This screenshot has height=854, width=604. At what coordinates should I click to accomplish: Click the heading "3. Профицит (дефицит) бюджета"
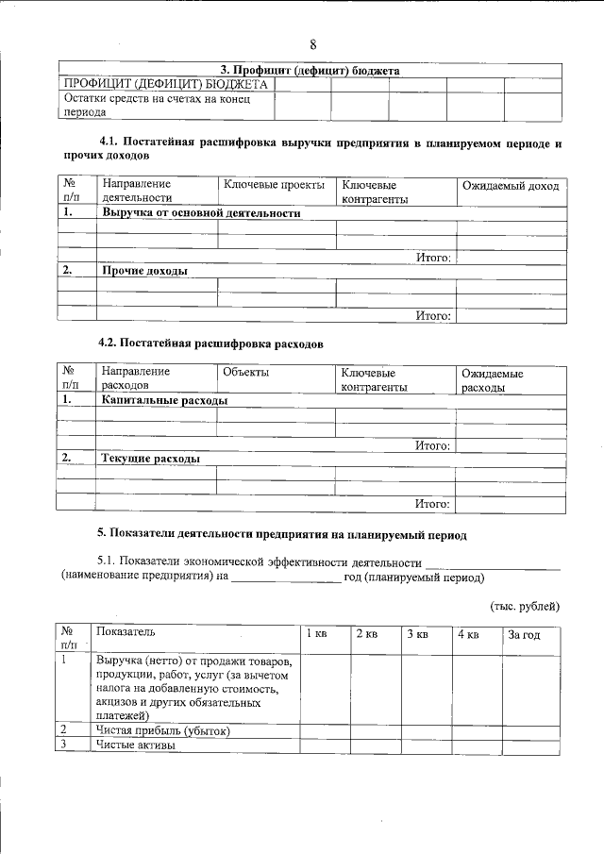point(310,71)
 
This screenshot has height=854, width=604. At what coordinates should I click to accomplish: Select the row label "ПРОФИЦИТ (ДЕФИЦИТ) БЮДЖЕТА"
point(165,85)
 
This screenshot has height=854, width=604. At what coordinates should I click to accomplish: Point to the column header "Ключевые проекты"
point(274,185)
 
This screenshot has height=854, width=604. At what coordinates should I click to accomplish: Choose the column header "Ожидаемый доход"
point(510,186)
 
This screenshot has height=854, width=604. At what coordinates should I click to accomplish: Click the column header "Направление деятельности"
point(137,192)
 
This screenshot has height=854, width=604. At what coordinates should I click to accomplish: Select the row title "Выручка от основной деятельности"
point(200,213)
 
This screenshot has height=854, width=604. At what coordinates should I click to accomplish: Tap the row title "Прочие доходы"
point(144,271)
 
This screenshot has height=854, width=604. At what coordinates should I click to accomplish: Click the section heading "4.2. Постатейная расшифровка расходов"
point(211,344)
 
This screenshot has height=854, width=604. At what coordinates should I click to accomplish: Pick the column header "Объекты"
point(245,373)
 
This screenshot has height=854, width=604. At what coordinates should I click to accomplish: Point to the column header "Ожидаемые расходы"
point(493,379)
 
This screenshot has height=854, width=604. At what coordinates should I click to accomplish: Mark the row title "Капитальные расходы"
point(164,400)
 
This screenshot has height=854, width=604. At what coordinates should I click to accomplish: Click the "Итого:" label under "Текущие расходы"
point(433,503)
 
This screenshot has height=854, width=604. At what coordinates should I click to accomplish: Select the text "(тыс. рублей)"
point(524,605)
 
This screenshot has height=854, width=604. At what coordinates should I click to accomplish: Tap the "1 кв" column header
point(316,635)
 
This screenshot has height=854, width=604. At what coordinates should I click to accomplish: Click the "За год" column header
point(524,635)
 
